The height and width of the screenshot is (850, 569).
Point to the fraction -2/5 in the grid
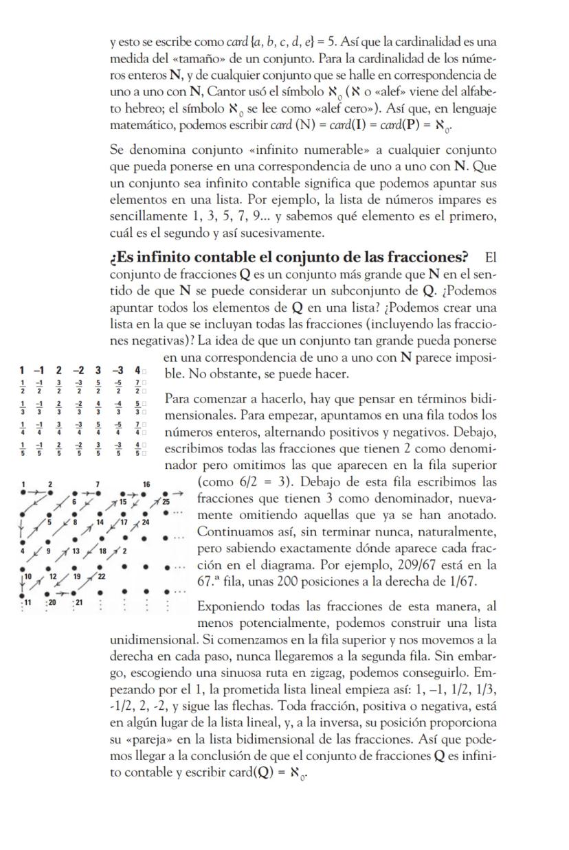[x=80, y=451]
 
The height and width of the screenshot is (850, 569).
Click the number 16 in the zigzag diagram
[x=146, y=485]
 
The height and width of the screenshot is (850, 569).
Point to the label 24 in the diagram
[x=146, y=522]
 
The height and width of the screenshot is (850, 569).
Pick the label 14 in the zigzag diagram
[x=100, y=523]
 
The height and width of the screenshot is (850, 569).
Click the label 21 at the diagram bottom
[x=80, y=601]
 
